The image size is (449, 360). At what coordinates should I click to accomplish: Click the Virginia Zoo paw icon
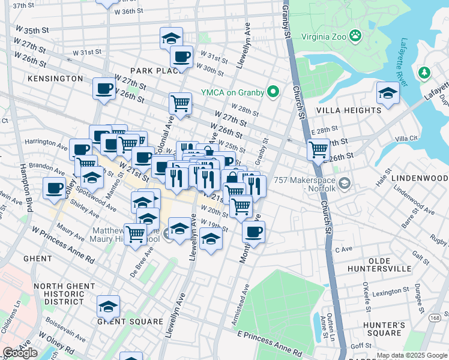pos(356,35)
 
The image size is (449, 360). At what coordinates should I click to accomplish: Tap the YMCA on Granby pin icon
pos(274,92)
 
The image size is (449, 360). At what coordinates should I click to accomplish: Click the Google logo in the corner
pos(20,353)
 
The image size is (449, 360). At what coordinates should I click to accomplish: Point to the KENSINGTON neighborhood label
pos(55,79)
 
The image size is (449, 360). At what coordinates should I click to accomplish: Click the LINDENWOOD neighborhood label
pos(419,179)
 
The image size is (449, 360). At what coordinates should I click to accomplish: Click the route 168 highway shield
pos(435,317)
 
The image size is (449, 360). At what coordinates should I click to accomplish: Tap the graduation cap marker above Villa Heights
pos(388,94)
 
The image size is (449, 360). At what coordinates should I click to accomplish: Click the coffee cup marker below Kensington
pos(104,89)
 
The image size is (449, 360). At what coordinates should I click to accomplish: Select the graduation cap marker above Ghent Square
pos(109,307)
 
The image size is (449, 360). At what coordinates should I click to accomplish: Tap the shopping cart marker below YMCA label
pos(180,103)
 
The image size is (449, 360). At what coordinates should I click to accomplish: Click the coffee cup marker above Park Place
pos(181,57)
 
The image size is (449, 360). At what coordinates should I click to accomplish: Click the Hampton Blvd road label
pos(25,188)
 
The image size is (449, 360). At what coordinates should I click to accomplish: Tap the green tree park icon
pos(425,73)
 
